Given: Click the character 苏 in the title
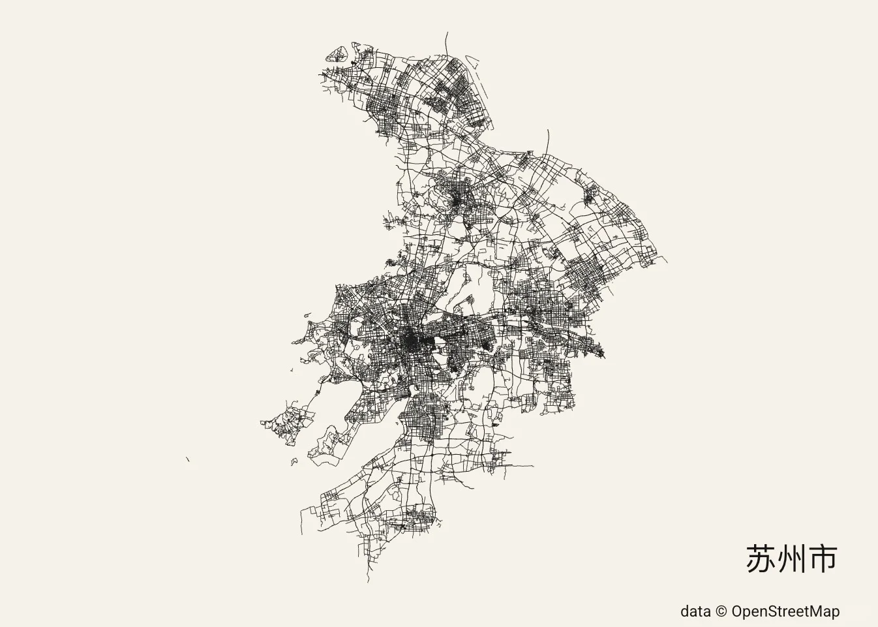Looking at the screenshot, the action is (761, 558).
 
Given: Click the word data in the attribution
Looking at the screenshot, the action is (695, 611).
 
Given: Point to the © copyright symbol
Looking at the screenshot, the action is (721, 611).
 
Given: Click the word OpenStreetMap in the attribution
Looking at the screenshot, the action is (785, 611).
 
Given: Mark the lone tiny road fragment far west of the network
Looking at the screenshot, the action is (187, 460).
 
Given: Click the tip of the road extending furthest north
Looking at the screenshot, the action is (447, 32).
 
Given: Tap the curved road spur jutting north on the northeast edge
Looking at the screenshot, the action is (548, 138).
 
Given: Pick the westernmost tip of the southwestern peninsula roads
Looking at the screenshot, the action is (262, 423).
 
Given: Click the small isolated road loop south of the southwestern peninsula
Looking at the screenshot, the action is (294, 462).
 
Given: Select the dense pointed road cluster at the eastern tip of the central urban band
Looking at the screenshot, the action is (598, 350).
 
